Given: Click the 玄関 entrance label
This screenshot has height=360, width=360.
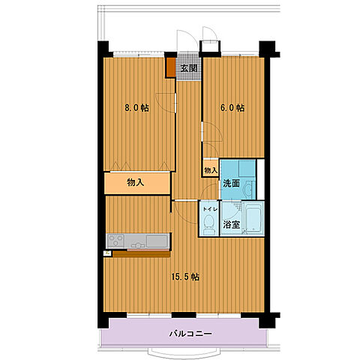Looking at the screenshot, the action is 189,68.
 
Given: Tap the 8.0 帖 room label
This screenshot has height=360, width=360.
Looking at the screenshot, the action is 136,108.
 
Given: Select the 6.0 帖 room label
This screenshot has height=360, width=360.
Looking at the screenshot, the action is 232,108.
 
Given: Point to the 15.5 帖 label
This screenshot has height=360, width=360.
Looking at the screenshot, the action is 185,277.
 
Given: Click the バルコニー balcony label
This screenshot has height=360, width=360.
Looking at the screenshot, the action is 190,334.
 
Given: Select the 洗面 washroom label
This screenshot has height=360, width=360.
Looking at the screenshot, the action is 231,184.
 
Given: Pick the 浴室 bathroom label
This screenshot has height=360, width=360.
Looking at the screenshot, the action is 231,224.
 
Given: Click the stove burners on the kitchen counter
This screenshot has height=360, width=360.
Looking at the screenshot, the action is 115,241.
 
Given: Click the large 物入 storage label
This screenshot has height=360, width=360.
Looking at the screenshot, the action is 136,182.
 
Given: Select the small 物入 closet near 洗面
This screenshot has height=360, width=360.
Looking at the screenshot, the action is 211,170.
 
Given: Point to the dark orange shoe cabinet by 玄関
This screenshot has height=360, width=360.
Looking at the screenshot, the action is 171,67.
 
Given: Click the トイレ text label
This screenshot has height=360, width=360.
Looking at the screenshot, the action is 210,209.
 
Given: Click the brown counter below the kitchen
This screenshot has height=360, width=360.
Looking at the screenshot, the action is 142,254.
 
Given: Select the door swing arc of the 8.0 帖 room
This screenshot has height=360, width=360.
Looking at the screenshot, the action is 165,103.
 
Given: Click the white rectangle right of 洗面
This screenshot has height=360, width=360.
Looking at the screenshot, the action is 261,179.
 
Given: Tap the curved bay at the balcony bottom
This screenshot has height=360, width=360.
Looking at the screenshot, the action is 184,352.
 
